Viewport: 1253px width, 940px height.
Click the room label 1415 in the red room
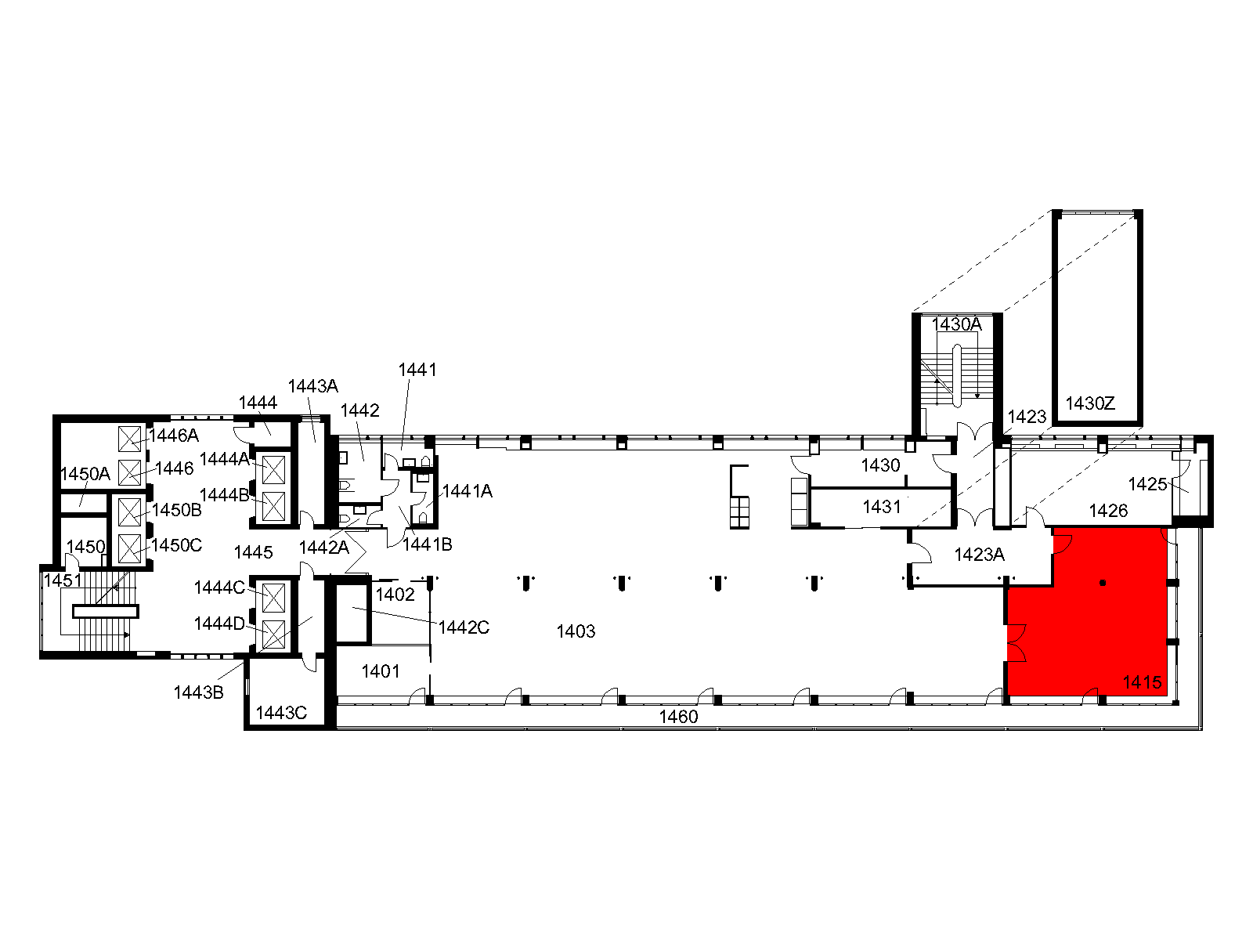click(1142, 682)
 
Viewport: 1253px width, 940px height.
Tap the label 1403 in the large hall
click(576, 631)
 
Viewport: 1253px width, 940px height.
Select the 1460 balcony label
click(678, 717)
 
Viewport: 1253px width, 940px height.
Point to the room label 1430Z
click(1090, 403)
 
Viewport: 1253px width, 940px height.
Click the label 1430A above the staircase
click(956, 324)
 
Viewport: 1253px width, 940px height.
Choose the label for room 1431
click(881, 506)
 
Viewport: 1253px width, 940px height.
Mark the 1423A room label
click(979, 554)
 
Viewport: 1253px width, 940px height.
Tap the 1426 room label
click(1108, 510)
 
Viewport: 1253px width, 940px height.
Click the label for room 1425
click(1147, 484)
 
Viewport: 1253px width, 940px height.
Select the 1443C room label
click(281, 713)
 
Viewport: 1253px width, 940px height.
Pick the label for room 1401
click(380, 671)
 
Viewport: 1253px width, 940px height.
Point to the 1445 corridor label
click(253, 552)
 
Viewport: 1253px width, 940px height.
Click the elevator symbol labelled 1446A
click(129, 439)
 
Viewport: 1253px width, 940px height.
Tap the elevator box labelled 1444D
click(273, 634)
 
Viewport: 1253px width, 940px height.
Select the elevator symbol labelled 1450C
click(129, 548)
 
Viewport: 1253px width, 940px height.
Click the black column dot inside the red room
click(1103, 583)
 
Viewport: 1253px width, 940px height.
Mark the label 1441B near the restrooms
click(427, 544)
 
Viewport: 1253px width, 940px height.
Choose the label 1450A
click(85, 474)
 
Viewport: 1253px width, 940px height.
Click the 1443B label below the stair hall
click(198, 692)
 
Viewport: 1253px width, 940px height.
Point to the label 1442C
click(464, 627)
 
